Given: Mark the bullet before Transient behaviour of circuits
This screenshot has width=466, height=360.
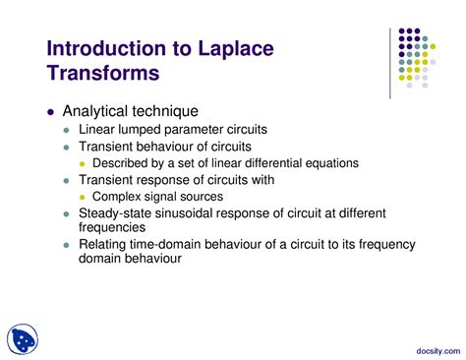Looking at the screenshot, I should click(67, 147).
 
